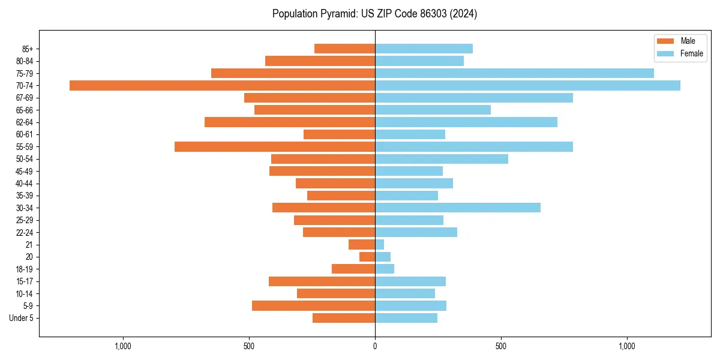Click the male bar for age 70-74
(222, 86)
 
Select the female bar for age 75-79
(514, 73)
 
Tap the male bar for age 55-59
(275, 147)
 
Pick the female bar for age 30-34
(458, 208)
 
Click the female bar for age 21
(380, 245)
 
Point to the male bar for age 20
(367, 257)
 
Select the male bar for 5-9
(313, 306)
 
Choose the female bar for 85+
(424, 49)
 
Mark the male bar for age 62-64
(290, 122)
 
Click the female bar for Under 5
(406, 318)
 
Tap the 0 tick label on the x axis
(375, 347)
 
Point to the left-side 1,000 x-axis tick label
(123, 347)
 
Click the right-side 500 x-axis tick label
(501, 347)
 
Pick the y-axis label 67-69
(25, 98)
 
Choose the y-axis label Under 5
(21, 318)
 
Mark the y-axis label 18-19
(25, 269)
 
